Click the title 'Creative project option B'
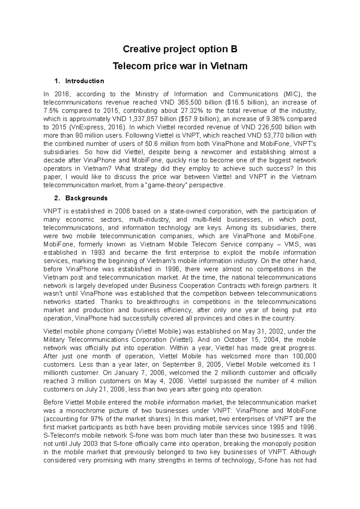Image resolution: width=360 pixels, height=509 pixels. pos(180,49)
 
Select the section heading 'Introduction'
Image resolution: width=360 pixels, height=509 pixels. pos(85,81)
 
